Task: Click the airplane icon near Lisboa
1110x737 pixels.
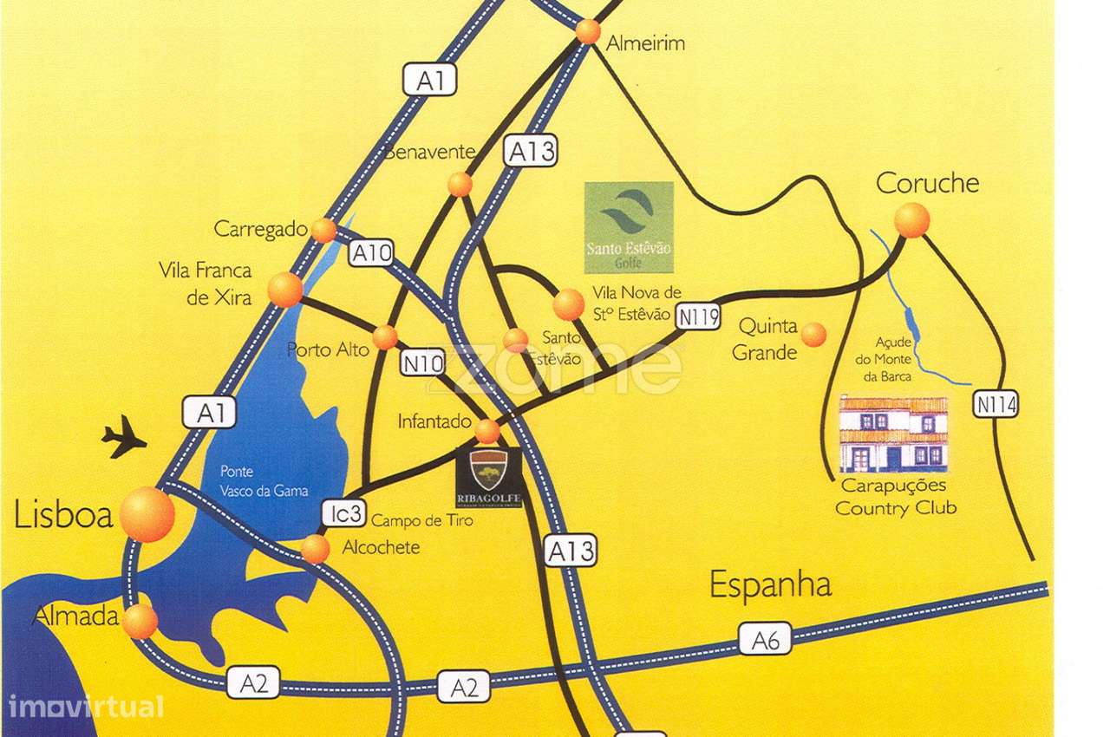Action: click(x=124, y=436)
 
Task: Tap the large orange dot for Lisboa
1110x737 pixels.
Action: click(x=147, y=514)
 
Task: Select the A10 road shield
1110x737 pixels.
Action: click(x=372, y=254)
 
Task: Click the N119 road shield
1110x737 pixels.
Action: click(x=699, y=317)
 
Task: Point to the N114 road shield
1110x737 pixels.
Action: click(x=995, y=404)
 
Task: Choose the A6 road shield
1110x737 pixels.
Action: click(x=766, y=641)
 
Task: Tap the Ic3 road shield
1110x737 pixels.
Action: click(x=344, y=513)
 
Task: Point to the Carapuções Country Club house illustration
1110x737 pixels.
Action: click(x=893, y=434)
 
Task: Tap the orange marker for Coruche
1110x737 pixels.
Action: click(x=911, y=219)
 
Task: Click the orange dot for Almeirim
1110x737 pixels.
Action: click(x=588, y=31)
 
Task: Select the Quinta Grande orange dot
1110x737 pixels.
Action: click(x=813, y=334)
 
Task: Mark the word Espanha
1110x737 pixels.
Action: click(x=770, y=584)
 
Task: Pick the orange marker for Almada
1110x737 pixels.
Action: click(x=140, y=621)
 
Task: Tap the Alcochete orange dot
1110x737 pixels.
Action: click(x=315, y=549)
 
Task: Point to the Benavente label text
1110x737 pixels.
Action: click(x=430, y=153)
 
